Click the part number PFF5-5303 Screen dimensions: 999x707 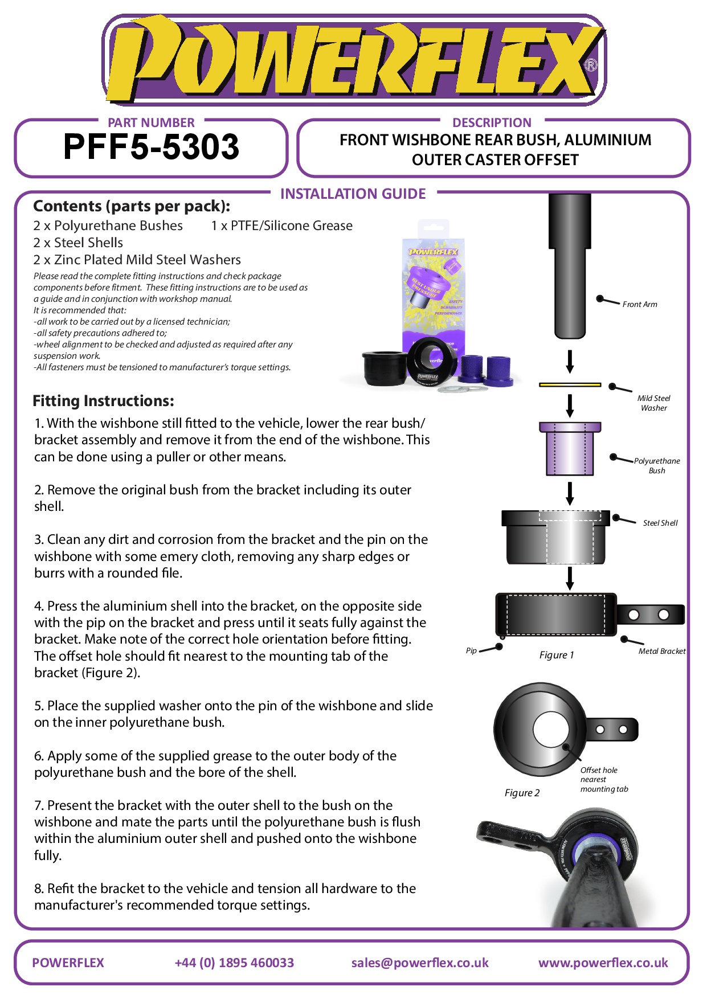coord(151,147)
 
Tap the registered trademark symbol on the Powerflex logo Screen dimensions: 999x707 coord(591,65)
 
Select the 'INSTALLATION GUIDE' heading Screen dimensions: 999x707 coord(353,194)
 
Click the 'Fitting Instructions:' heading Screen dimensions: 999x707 coord(103,401)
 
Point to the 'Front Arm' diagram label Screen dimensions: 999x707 coord(639,305)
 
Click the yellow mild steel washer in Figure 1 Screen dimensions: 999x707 coord(570,385)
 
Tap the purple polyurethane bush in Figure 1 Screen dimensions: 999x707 coord(570,449)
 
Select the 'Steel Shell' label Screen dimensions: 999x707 coord(660,523)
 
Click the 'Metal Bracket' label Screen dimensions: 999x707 coord(661,651)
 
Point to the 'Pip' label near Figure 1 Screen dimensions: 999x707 coord(471,650)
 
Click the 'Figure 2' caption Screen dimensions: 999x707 coord(522,793)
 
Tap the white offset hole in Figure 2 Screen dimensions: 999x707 coord(551,730)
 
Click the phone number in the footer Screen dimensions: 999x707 coord(234,963)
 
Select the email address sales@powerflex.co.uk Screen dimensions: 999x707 coord(420,963)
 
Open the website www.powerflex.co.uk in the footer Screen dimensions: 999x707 coord(603,963)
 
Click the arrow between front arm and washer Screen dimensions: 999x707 coord(570,362)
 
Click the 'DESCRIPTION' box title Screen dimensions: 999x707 coord(492,122)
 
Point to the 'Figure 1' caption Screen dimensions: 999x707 coord(557,655)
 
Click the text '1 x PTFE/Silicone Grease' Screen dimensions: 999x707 coord(281,226)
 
